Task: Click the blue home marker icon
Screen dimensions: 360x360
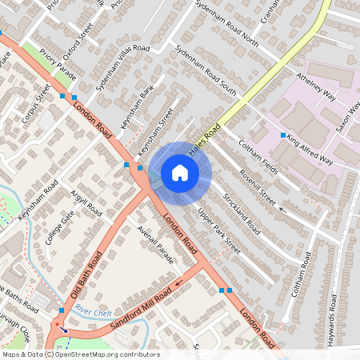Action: [180, 173]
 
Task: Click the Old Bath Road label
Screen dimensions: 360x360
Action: [88, 274]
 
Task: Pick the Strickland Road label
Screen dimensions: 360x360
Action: [242, 212]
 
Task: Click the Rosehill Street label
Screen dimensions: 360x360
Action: [258, 190]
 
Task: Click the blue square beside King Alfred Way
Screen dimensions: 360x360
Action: [283, 134]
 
